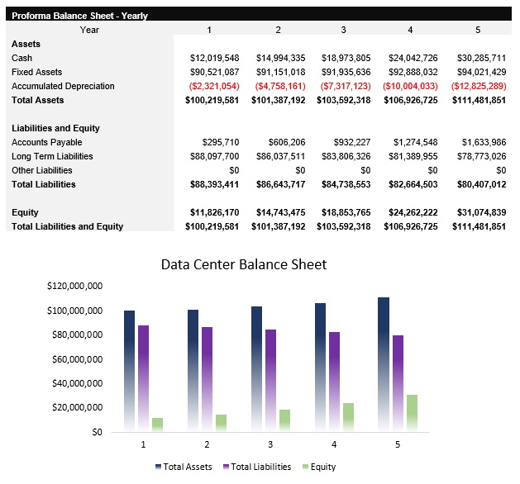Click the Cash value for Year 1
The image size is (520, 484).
coord(214,58)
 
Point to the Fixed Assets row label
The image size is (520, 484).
coord(36,72)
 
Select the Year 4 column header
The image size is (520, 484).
coord(410,30)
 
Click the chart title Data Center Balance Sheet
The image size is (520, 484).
coord(244,265)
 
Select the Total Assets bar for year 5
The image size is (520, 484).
coord(384,363)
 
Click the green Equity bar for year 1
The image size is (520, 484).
coord(157,425)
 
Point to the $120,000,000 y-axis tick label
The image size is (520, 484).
coord(70,286)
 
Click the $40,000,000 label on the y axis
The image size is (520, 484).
coord(73,383)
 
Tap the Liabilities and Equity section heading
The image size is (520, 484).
coord(55,128)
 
